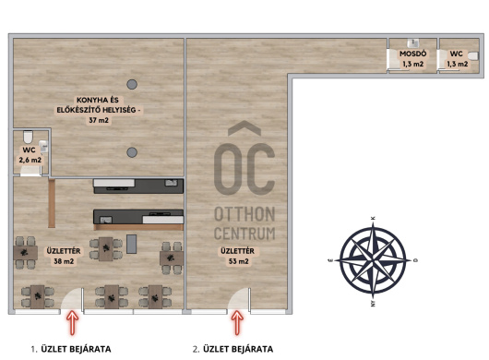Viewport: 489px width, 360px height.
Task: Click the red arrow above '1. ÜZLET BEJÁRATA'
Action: (x=72, y=322)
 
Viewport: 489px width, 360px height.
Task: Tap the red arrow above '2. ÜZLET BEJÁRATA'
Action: (x=237, y=322)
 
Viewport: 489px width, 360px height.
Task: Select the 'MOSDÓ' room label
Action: (x=413, y=54)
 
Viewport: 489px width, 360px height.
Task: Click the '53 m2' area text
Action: (x=239, y=261)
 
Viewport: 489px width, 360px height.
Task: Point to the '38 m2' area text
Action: (x=64, y=261)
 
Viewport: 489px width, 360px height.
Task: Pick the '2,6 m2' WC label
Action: (x=30, y=160)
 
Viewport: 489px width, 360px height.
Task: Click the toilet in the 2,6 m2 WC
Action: (x=28, y=136)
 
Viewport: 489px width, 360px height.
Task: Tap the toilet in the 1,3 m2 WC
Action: (x=473, y=55)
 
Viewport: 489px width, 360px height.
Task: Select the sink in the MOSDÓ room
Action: (x=413, y=42)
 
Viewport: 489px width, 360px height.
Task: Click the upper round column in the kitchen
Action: (x=132, y=84)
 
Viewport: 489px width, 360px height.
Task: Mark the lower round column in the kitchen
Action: (x=132, y=152)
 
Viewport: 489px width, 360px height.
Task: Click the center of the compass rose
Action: (x=373, y=260)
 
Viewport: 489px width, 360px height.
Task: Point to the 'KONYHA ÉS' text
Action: (x=98, y=100)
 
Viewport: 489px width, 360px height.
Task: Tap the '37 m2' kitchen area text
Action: (x=99, y=120)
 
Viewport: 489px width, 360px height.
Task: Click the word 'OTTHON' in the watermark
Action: (x=244, y=214)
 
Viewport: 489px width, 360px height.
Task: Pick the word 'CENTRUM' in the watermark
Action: (x=244, y=234)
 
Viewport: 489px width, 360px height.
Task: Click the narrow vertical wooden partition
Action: (x=52, y=203)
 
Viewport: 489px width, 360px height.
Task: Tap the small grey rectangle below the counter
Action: (x=131, y=244)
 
